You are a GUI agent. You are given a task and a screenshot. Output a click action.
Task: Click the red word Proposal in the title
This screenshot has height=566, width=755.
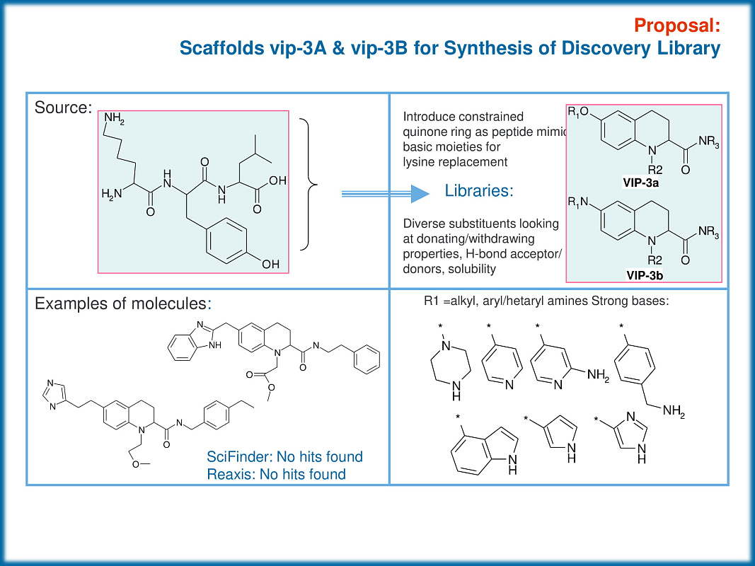(677, 25)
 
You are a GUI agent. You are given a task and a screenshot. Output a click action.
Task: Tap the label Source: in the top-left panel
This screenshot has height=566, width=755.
(63, 108)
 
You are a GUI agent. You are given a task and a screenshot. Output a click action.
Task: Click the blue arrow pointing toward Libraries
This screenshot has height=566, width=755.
(385, 193)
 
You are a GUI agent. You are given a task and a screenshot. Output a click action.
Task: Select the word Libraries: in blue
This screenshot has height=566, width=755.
(479, 192)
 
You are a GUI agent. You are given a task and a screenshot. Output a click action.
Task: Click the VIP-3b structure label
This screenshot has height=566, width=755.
(643, 273)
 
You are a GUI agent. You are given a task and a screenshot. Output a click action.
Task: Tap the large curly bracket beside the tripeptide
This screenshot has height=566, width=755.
(309, 185)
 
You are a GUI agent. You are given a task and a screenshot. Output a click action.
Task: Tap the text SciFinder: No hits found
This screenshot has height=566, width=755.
(284, 456)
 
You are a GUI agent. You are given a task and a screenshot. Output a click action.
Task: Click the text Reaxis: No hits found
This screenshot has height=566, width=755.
(276, 474)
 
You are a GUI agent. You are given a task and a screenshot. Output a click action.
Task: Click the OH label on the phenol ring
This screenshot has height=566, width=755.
(270, 265)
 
